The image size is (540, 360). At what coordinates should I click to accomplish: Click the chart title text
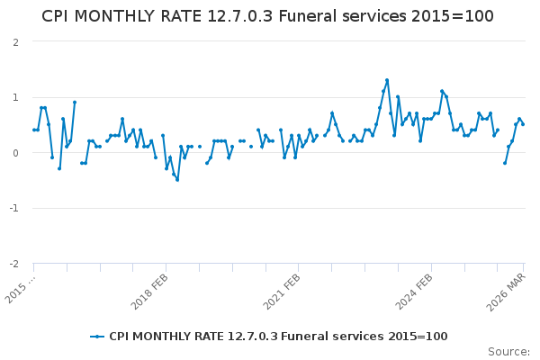(x=267, y=17)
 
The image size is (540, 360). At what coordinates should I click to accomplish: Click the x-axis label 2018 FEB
(x=150, y=292)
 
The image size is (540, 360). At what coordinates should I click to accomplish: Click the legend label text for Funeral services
(x=278, y=337)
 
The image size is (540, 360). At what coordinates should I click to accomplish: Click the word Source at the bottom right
(x=508, y=352)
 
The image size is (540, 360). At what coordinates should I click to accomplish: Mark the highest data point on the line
(x=387, y=80)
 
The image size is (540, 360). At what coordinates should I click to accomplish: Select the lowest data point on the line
(x=177, y=179)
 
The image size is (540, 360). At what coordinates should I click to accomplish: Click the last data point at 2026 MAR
(x=523, y=124)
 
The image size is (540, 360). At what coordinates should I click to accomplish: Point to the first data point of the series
(x=34, y=130)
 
